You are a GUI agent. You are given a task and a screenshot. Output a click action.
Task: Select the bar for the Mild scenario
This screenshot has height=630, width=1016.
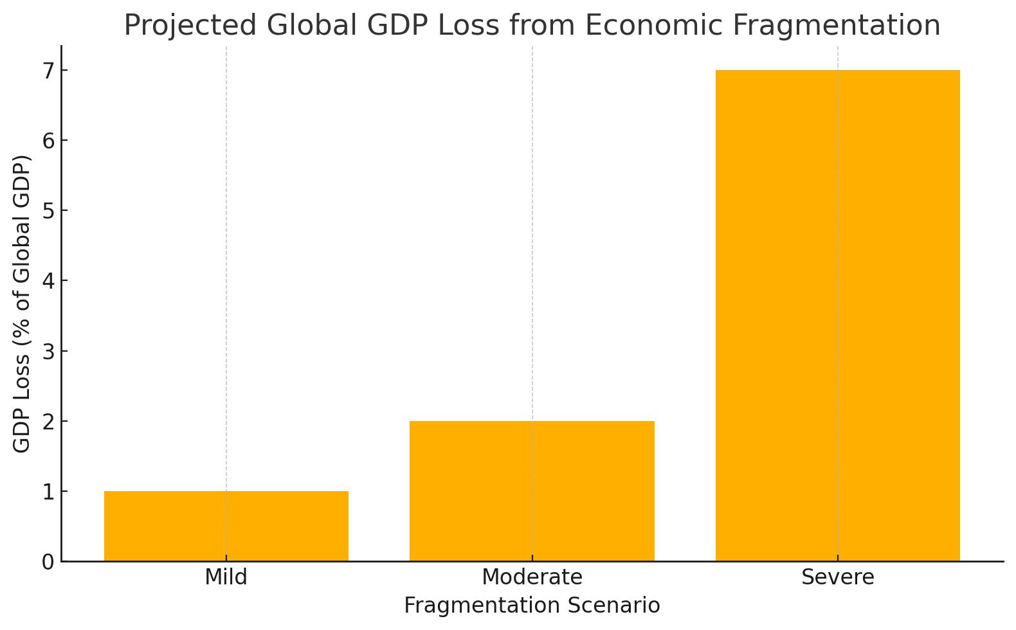coord(226,526)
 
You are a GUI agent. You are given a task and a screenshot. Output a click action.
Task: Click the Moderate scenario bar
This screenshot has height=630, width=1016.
coord(532,491)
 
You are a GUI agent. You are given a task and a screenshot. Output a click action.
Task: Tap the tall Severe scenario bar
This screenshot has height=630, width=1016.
coord(837,315)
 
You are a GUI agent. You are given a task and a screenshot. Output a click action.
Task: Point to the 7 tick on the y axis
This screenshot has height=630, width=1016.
coord(48,70)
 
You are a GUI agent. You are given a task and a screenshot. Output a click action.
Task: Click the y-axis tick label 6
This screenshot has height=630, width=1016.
coord(48,140)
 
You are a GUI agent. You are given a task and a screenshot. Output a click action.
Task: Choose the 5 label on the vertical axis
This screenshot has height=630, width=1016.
coord(48,211)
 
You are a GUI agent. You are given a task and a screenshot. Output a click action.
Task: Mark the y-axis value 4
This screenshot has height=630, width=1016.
coord(48,281)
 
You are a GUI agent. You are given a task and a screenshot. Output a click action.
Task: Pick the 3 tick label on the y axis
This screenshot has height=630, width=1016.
coord(48,351)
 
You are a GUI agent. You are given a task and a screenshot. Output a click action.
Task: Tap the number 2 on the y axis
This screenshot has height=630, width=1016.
coord(48,421)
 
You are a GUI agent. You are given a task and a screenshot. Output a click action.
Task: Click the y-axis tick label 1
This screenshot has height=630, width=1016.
coord(48,492)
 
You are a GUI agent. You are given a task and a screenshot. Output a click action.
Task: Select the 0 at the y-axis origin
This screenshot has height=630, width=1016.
coord(48,562)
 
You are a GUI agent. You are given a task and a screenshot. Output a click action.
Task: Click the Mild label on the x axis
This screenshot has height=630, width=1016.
coord(226,577)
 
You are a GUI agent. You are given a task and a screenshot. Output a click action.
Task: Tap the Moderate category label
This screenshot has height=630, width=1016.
coord(532,577)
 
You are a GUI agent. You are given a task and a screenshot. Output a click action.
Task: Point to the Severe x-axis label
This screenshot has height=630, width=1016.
coord(837,577)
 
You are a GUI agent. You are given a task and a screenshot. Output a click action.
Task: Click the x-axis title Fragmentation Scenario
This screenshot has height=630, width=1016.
coord(532,606)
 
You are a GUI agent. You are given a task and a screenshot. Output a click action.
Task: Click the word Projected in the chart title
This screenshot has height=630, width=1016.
coord(190,26)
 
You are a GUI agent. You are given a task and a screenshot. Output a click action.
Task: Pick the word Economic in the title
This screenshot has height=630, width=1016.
coord(653,26)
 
